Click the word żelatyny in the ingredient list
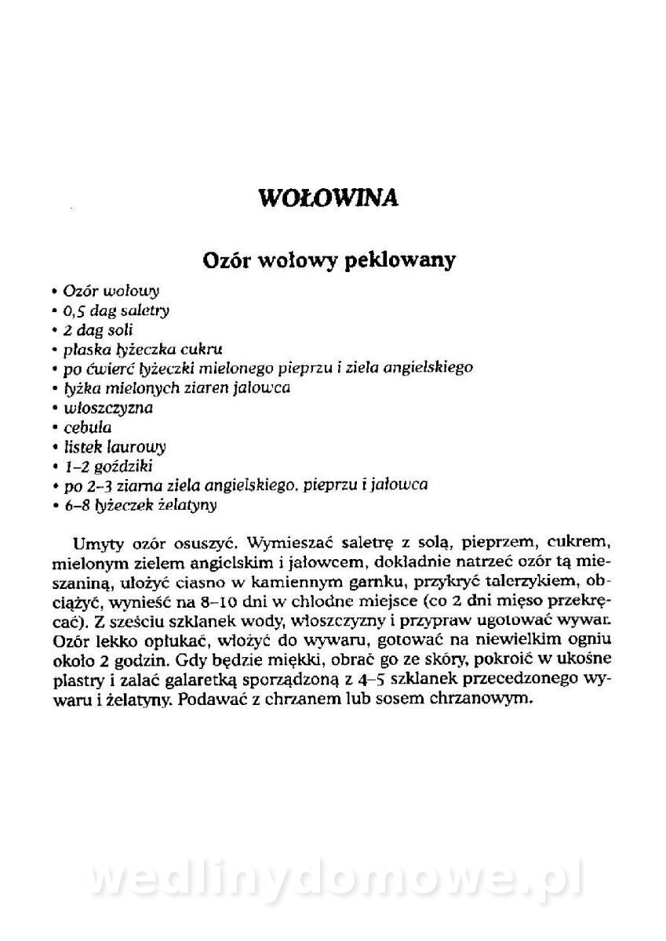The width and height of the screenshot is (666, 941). coord(187,507)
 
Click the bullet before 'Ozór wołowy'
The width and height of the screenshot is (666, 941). coord(56,292)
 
